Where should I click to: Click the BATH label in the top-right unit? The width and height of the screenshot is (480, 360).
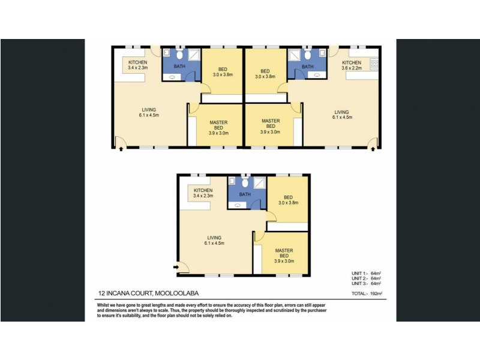pyautogui.click(x=307, y=67)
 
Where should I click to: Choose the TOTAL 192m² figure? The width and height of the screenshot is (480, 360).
pyautogui.click(x=367, y=294)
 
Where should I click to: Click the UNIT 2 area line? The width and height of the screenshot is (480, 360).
pyautogui.click(x=367, y=279)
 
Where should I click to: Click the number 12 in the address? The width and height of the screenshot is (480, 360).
pyautogui.click(x=102, y=294)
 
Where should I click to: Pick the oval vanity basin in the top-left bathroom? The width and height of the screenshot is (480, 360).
pyautogui.click(x=173, y=77)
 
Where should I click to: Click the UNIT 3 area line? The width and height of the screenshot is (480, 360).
pyautogui.click(x=367, y=284)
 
